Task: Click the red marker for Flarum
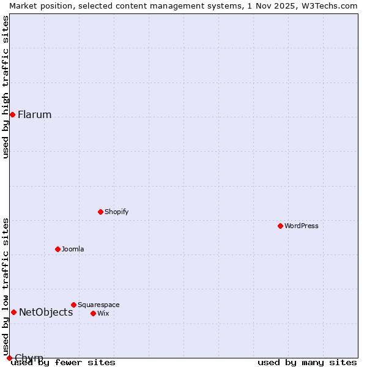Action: pyautogui.click(x=12, y=114)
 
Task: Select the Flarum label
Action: pyautogui.click(x=34, y=115)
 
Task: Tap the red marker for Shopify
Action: pyautogui.click(x=100, y=212)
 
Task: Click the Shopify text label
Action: pyautogui.click(x=116, y=212)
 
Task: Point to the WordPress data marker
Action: pyautogui.click(x=280, y=226)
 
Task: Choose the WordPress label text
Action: pyautogui.click(x=301, y=226)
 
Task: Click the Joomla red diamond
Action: pyautogui.click(x=57, y=249)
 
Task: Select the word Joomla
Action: pyautogui.click(x=73, y=250)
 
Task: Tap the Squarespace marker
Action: pyautogui.click(x=73, y=305)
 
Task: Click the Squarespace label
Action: pyautogui.click(x=98, y=305)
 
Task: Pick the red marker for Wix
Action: pyautogui.click(x=93, y=313)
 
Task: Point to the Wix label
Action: pyautogui.click(x=103, y=314)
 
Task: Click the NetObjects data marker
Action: pyautogui.click(x=13, y=312)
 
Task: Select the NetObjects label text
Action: pyautogui.click(x=46, y=313)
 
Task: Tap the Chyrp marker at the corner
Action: pyautogui.click(x=9, y=358)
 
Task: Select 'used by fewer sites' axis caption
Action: pyautogui.click(x=63, y=363)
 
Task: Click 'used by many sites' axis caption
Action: pyautogui.click(x=307, y=363)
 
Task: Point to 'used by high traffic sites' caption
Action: pyautogui.click(x=6, y=87)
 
